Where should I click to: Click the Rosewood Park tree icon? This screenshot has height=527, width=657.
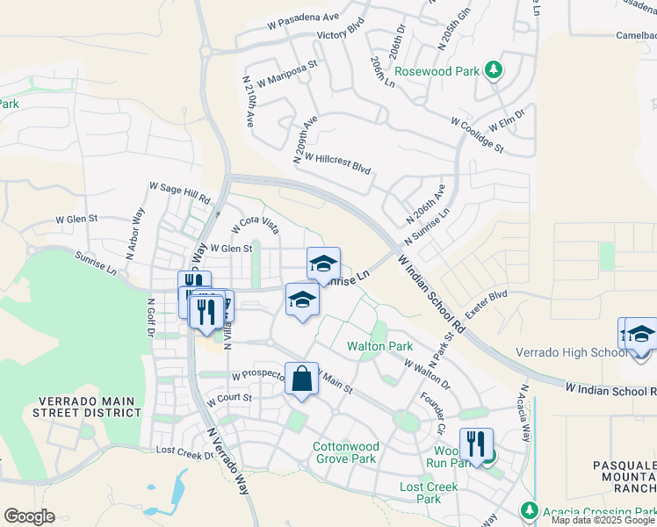(x=495, y=69)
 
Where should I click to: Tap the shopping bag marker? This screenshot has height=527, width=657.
(x=301, y=379)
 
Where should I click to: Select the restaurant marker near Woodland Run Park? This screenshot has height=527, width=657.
(x=476, y=445)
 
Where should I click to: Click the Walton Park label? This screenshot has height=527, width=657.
(x=379, y=347)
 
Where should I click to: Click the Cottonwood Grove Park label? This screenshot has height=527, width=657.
(x=344, y=452)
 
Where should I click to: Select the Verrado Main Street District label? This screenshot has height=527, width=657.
(x=87, y=408)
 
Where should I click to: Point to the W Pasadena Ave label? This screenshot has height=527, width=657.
(x=305, y=17)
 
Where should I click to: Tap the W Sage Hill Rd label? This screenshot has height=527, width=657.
(x=180, y=192)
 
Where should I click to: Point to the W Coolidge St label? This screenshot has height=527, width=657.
(x=477, y=134)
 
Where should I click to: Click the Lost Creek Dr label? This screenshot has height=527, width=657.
(x=184, y=450)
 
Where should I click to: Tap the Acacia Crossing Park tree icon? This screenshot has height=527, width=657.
(x=529, y=509)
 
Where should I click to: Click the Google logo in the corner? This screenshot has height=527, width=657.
(x=29, y=516)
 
